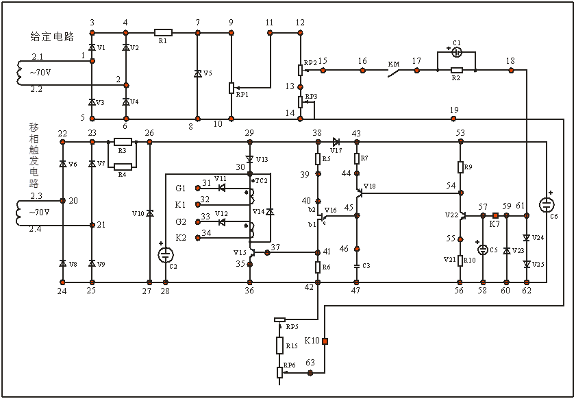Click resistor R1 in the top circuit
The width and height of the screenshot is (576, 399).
point(163,32)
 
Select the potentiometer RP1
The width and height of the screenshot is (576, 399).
point(231,88)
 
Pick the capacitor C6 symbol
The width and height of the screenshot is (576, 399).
point(547,204)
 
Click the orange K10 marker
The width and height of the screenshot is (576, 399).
point(326,341)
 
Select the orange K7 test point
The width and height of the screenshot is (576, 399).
point(495,216)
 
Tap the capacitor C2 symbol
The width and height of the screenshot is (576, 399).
point(166,254)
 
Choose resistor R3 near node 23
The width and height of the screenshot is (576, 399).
point(123,141)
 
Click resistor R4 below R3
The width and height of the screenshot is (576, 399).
point(123,165)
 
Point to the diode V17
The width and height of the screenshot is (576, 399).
point(336,141)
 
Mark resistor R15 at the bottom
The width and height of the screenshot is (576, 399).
point(280,344)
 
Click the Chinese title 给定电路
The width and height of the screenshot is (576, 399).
point(52,35)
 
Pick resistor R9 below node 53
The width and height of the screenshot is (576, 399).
point(460,167)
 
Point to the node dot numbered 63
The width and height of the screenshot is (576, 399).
point(311,372)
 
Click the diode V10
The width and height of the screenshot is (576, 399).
point(150,212)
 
